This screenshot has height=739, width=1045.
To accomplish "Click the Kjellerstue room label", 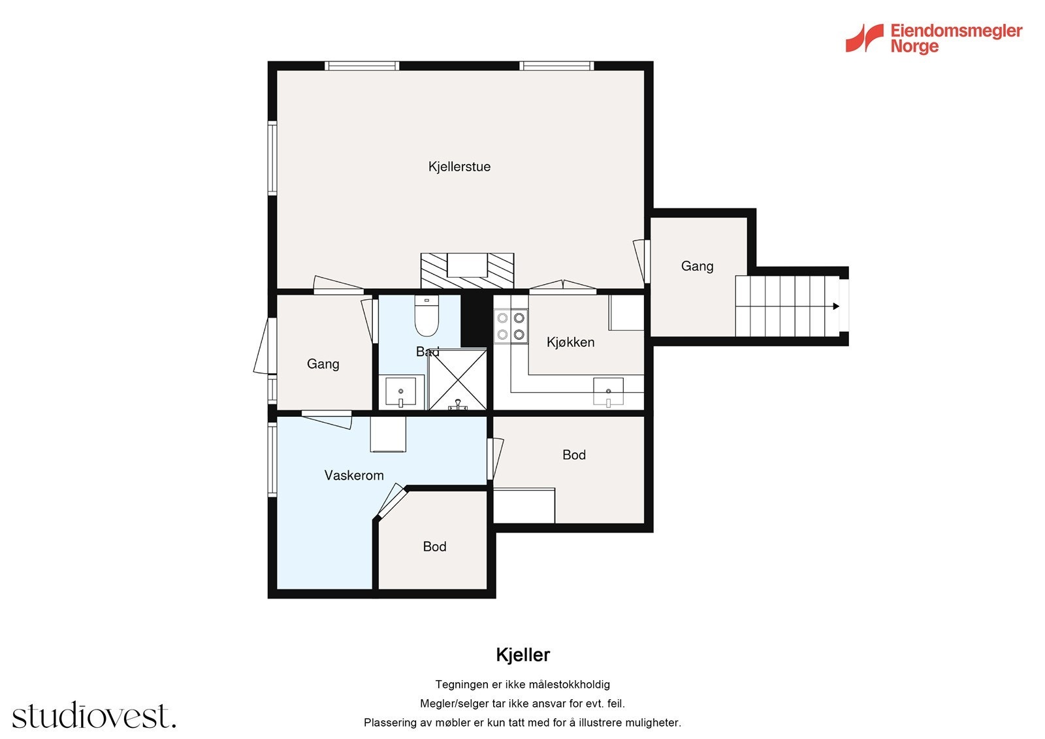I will click(x=459, y=167).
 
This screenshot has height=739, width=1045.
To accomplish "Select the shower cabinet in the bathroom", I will click(x=458, y=379).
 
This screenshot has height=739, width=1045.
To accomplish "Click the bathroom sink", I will click(x=400, y=392).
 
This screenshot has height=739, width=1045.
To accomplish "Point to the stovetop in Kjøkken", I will click(x=511, y=326).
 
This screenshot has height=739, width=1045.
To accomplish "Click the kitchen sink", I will click(x=608, y=392).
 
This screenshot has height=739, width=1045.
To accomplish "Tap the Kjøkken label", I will click(x=570, y=342).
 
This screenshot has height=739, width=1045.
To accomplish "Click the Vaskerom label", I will click(x=354, y=475).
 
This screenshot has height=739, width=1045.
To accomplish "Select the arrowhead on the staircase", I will click(x=835, y=306).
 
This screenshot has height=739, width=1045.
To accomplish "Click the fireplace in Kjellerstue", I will click(x=467, y=271).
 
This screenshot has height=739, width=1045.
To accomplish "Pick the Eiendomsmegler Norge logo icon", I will click(x=864, y=38).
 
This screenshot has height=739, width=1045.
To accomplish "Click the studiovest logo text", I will click(x=94, y=716).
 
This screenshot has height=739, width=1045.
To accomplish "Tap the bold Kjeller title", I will click(x=522, y=655).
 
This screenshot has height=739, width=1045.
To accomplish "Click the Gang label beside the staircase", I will click(x=697, y=266).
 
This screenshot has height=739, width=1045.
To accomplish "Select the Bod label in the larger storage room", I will click(x=574, y=455).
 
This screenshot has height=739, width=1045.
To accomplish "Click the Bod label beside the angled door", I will click(x=434, y=546).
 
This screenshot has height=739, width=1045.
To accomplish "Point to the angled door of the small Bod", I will click(x=392, y=501).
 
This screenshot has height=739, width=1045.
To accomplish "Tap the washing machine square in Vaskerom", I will click(x=388, y=435).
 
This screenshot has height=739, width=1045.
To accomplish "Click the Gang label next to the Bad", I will click(x=323, y=364).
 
